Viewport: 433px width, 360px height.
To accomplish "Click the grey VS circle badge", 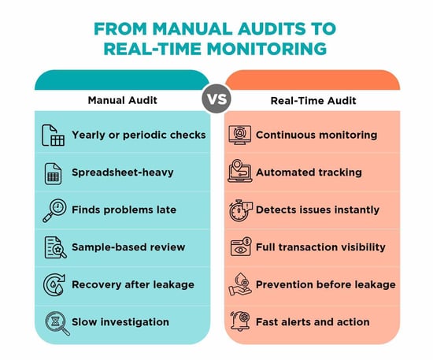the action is (216, 98).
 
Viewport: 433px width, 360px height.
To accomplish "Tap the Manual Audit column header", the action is (123, 100).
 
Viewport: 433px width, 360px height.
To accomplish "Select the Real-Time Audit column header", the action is (313, 101).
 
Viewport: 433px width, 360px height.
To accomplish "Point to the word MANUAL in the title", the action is (193, 28).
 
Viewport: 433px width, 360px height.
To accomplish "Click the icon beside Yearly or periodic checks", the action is (53, 135).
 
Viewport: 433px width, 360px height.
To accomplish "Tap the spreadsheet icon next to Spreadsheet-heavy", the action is (53, 174).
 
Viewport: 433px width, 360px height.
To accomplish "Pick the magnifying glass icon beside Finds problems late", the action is (54, 210).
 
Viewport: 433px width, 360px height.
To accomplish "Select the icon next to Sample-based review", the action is (55, 247).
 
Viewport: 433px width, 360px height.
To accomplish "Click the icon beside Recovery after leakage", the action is (54, 285).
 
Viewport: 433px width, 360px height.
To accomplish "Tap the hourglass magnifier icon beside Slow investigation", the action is (57, 323).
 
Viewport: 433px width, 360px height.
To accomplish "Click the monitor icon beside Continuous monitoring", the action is (240, 135).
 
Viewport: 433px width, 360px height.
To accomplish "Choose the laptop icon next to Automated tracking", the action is (239, 171).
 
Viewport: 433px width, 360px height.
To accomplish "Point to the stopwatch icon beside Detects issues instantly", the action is (241, 210).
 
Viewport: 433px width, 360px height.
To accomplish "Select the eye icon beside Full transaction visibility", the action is (241, 247).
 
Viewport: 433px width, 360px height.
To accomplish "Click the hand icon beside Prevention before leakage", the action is (239, 284).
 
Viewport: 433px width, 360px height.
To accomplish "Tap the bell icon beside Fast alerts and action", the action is (240, 321).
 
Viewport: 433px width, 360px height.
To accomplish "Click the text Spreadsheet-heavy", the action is (123, 173).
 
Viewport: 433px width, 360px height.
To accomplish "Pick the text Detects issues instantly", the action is (317, 210).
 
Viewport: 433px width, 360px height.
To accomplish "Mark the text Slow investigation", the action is (120, 322).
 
